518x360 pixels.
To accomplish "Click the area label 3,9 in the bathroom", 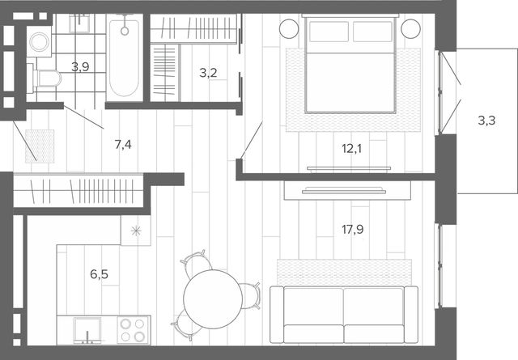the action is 80,67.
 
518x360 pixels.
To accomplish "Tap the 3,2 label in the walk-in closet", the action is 208,72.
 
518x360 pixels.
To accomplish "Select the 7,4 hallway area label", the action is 123,144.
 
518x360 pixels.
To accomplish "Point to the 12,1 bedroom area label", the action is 352,149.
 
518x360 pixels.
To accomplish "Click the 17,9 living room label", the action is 353,229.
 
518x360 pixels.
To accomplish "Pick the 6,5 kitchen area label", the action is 99,274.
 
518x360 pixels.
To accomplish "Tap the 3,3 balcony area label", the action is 486,121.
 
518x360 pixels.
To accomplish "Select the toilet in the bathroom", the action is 47,78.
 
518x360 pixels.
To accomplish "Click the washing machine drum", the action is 40,42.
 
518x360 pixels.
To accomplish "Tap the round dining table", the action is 213,299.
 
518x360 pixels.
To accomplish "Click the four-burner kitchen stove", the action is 133,329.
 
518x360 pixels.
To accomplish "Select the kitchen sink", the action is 87,330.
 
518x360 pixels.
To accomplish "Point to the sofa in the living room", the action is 344,315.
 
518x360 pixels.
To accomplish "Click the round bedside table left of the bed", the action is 289,29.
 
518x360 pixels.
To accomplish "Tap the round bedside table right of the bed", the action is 410,29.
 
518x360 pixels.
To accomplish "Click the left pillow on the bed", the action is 329,32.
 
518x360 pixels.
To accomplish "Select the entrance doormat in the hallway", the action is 40,146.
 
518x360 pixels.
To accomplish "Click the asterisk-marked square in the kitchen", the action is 136,231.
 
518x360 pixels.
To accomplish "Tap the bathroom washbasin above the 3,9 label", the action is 79,23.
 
